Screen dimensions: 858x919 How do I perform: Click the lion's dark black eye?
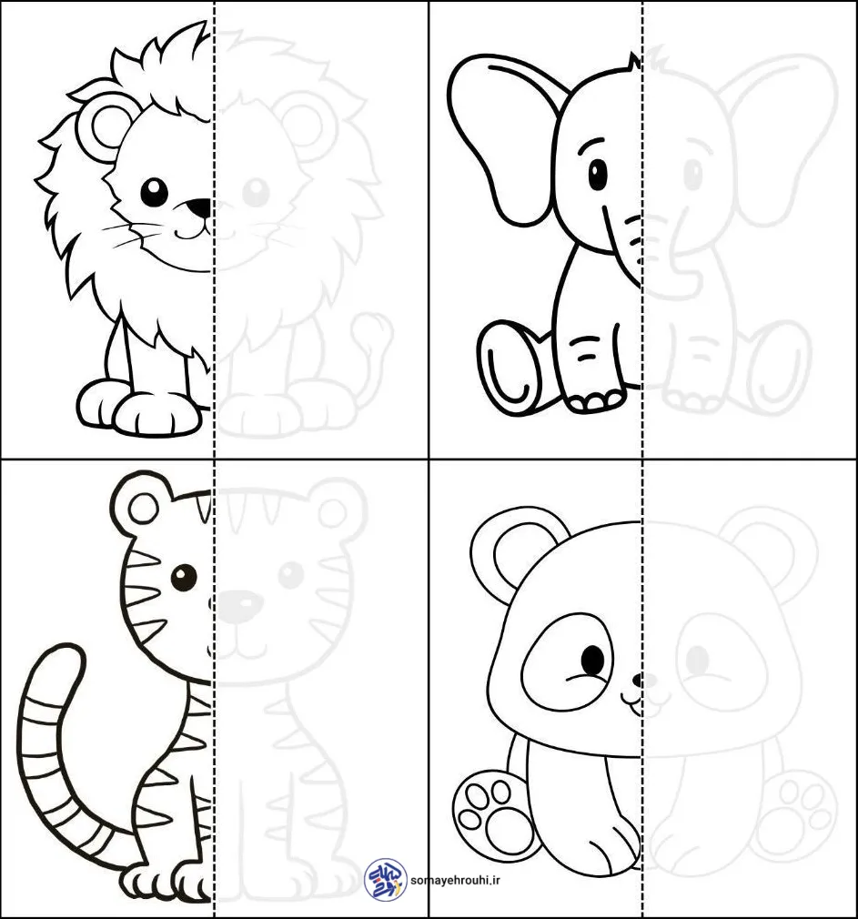point(154,192)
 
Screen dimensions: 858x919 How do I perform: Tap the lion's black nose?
point(200,207)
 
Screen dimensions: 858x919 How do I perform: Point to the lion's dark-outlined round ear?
point(106,126)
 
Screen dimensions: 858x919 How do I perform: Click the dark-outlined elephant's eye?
point(598,174)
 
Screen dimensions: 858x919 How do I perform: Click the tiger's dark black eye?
point(184,577)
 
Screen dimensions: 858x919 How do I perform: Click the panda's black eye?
point(592,661)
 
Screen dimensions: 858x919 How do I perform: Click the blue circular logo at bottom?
point(386,879)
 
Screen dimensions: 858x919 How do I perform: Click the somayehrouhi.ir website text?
point(456,880)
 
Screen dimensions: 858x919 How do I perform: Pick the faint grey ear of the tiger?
point(336,505)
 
